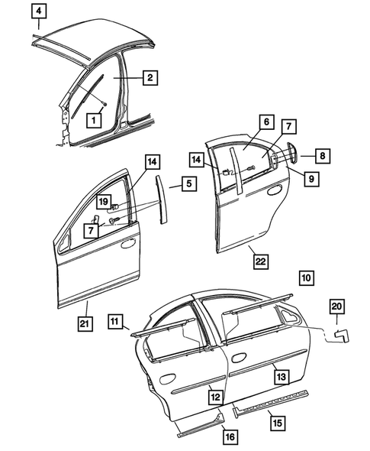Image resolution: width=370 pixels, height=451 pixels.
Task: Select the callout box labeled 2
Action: (x=150, y=77)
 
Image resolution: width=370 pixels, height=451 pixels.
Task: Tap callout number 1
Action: (x=94, y=119)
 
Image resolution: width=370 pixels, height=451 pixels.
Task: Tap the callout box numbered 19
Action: (x=102, y=200)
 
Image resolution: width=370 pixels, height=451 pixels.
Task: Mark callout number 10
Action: (x=306, y=277)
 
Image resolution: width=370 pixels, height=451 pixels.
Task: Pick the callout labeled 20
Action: (x=337, y=306)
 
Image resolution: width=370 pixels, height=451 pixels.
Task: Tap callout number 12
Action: (x=216, y=397)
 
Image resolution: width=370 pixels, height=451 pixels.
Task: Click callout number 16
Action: (x=229, y=436)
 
